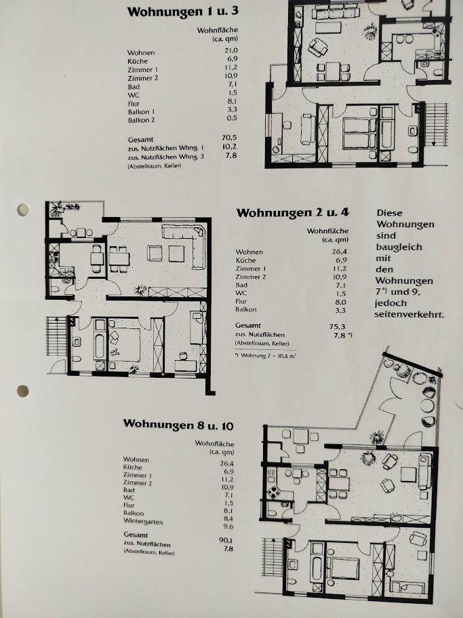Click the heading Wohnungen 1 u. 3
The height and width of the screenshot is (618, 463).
click(x=182, y=12)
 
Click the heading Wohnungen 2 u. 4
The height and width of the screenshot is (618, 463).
click(x=293, y=213)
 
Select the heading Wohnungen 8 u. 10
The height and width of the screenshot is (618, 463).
click(x=178, y=425)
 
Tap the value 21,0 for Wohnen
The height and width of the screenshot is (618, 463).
click(x=231, y=50)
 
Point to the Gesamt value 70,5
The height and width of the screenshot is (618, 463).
click(x=229, y=138)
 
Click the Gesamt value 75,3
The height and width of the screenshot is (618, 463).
click(x=337, y=326)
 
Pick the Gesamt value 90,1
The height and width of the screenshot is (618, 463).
click(x=226, y=540)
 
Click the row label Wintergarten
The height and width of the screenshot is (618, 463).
click(x=143, y=521)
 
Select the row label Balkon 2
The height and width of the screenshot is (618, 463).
click(x=142, y=120)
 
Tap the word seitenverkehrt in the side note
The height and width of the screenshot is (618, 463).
click(x=409, y=315)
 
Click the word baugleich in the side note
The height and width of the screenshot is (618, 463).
click(x=399, y=247)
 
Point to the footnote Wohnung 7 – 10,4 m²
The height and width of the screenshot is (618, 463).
click(x=266, y=355)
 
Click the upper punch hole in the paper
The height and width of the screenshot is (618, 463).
click(x=23, y=210)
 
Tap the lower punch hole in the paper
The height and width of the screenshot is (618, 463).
click(x=23, y=391)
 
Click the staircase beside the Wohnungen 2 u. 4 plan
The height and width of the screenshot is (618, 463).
click(x=57, y=336)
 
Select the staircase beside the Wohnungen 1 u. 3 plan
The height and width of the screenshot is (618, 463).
click(x=437, y=124)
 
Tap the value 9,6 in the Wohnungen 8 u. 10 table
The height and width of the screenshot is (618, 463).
click(x=228, y=526)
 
